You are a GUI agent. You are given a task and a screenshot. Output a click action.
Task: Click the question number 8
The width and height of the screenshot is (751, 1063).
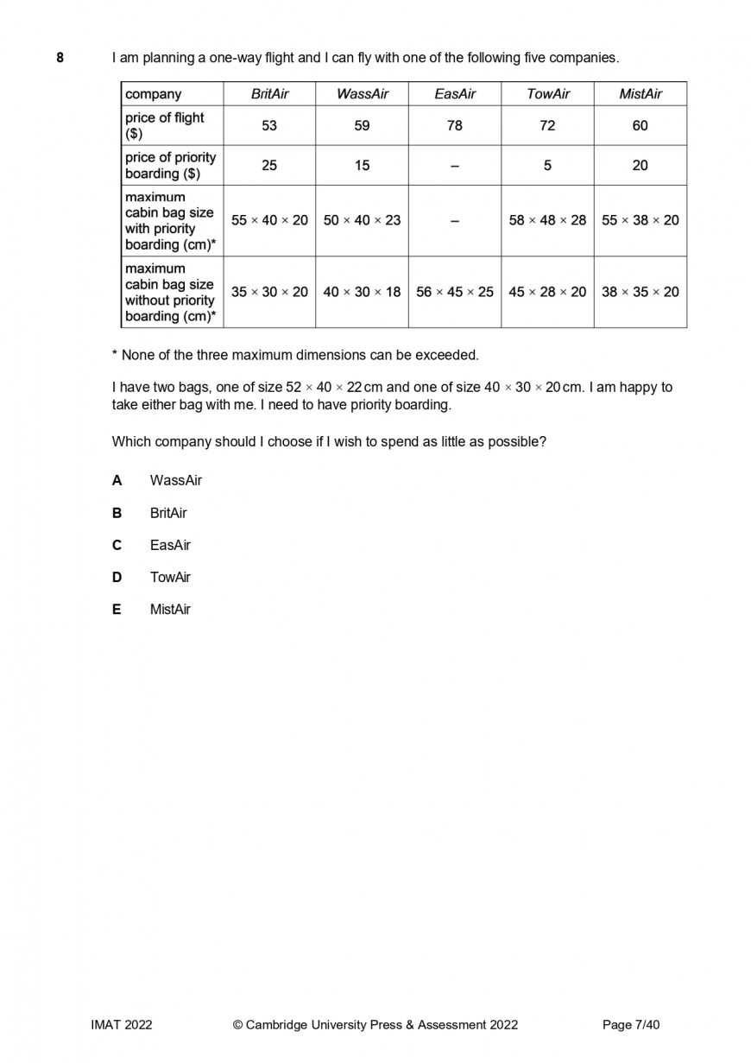[60, 58]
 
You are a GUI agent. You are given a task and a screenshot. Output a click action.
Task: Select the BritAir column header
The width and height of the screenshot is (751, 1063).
[269, 94]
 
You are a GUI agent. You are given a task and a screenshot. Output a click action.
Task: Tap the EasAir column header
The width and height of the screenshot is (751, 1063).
[454, 94]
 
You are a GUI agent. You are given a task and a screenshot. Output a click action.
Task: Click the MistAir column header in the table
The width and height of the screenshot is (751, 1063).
[640, 94]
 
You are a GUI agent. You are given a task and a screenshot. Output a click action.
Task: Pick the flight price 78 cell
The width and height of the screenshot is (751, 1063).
[454, 126]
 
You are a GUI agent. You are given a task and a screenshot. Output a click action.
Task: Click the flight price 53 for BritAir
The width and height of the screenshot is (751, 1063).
[269, 126]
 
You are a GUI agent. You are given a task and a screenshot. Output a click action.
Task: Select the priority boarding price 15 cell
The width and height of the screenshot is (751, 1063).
[362, 166]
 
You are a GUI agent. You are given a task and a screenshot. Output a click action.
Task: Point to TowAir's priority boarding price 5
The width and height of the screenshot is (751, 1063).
[547, 166]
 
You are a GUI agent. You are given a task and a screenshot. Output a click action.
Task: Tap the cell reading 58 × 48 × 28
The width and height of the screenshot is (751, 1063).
[547, 220]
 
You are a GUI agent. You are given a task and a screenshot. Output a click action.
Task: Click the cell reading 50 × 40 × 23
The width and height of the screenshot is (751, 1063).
[362, 220]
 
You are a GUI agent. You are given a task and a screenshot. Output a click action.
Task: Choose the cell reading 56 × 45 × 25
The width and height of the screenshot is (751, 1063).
[454, 292]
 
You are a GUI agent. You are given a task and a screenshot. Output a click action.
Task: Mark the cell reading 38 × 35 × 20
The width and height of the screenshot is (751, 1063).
[640, 292]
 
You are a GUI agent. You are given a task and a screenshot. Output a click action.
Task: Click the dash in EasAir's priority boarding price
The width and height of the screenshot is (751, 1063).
[454, 166]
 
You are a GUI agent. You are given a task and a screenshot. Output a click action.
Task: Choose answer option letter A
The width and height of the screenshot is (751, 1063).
[117, 481]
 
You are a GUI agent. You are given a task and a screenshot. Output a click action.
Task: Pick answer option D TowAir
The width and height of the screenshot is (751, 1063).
[170, 578]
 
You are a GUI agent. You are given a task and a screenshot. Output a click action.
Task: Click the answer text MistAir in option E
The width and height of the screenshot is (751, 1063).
[170, 610]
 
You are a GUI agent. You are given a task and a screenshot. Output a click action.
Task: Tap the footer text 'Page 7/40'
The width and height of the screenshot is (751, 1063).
[630, 1025]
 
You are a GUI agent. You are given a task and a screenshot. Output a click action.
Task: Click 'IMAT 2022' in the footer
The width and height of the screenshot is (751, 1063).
[122, 1025]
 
